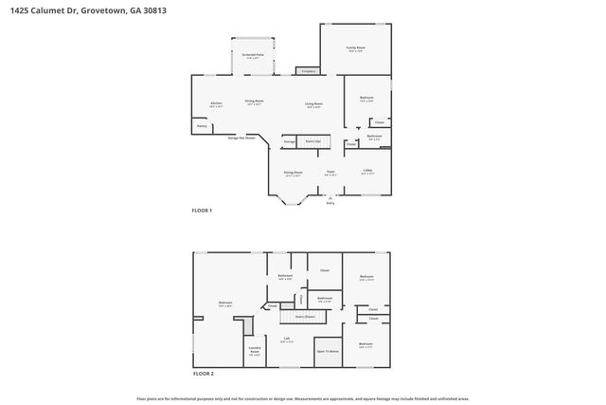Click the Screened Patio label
point(253,56)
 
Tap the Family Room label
point(355,48)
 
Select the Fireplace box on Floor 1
point(307,70)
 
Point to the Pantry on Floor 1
point(202,125)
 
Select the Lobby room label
point(366,172)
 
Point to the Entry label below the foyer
point(330,203)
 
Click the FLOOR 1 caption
point(203,210)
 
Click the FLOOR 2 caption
point(204,374)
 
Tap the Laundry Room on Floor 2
point(255,350)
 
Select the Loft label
point(286,339)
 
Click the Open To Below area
point(328,350)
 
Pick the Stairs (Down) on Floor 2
point(305,317)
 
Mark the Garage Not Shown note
point(241,137)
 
